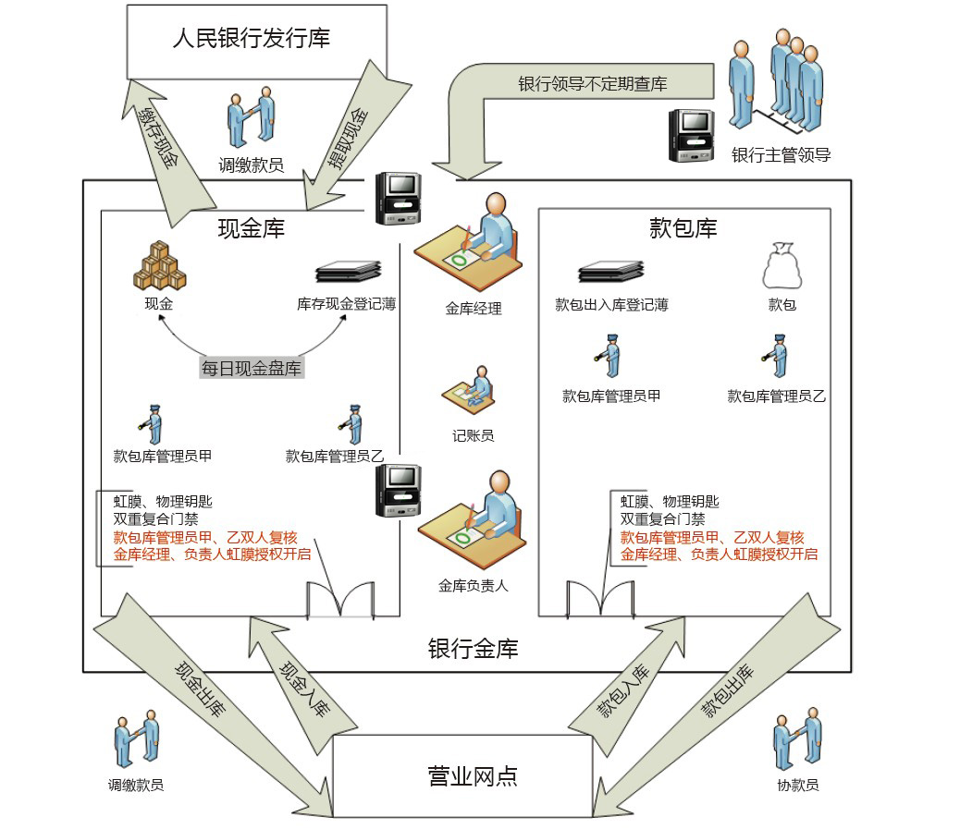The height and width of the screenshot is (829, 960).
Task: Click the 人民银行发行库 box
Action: (256, 41)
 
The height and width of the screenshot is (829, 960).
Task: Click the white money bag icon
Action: (780, 267)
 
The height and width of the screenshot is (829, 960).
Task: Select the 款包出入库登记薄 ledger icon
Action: (611, 272)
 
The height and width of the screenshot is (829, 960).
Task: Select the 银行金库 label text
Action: (473, 649)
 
